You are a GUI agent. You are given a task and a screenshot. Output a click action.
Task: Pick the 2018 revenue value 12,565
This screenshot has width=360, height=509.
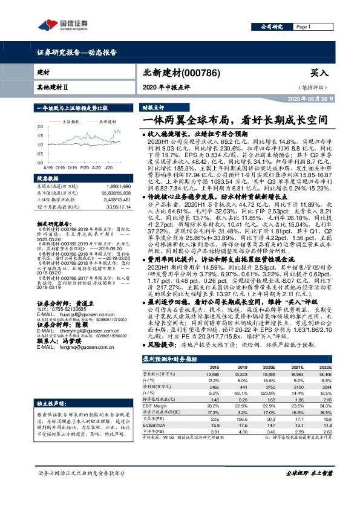[213, 375]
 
